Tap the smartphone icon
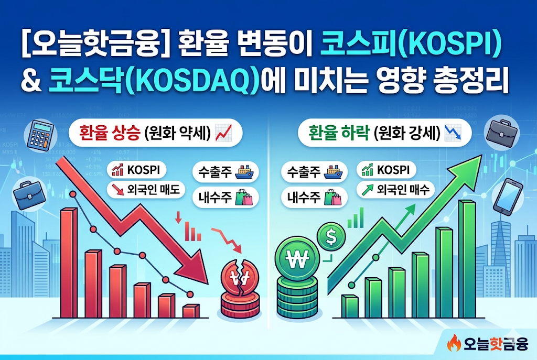coord(508,197)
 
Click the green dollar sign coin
coord(331,236)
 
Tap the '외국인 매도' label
coord(146,190)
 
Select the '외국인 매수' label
coord(395,190)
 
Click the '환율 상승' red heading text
coord(109,133)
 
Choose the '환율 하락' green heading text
coord(339,133)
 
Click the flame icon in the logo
coord(454,343)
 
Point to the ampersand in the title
coord(31,82)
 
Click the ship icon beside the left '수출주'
coord(244,172)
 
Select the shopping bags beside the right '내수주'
coord(332,197)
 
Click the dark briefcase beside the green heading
coord(502,134)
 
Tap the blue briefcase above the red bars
coord(29,194)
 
